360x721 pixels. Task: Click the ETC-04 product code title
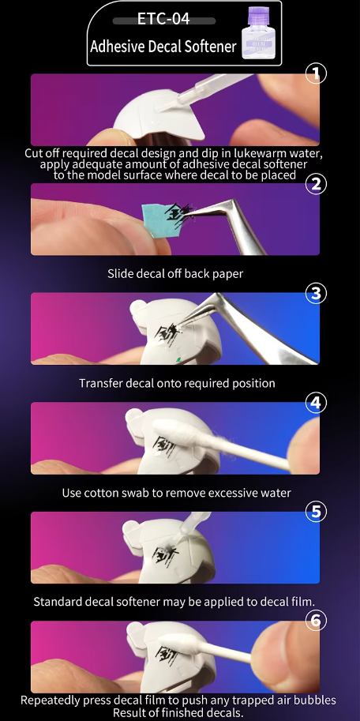163,19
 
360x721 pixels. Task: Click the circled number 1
316,74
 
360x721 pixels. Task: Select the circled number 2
316,184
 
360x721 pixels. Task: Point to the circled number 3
316,293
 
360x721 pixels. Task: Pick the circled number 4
316,403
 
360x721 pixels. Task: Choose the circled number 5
316,513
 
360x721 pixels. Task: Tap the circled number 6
316,621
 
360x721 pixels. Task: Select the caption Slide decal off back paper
175,274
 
